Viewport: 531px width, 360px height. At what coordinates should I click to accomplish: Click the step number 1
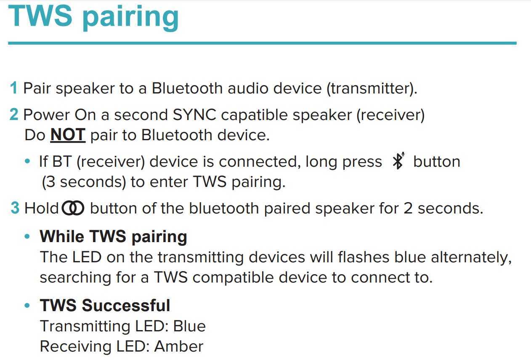(14, 88)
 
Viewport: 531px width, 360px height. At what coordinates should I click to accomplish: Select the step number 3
(15, 208)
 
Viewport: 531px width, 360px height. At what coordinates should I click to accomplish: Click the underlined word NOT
(68, 134)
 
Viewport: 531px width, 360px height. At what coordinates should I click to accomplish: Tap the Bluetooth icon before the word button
(398, 161)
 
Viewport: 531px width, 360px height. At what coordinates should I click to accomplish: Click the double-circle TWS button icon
(73, 208)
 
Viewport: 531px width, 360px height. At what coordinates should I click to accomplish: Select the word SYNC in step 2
(194, 115)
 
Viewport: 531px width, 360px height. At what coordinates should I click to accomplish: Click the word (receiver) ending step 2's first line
(390, 115)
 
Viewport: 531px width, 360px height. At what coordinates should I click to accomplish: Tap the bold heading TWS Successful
(105, 305)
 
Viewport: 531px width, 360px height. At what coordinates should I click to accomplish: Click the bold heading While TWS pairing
(113, 237)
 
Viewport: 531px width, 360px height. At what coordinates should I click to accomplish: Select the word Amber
(179, 346)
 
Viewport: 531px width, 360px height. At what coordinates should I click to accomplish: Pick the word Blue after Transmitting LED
(189, 326)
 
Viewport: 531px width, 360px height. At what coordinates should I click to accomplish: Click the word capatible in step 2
(254, 115)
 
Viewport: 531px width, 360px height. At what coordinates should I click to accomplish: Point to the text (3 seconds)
(84, 182)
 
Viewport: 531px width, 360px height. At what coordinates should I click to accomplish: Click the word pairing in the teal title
(130, 18)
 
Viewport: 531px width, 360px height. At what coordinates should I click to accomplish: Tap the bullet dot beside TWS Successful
(27, 305)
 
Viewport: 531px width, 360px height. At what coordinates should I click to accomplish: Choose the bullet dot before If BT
(27, 161)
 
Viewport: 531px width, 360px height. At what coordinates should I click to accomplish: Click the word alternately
(471, 258)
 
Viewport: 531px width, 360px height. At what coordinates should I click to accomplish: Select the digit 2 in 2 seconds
(408, 208)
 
